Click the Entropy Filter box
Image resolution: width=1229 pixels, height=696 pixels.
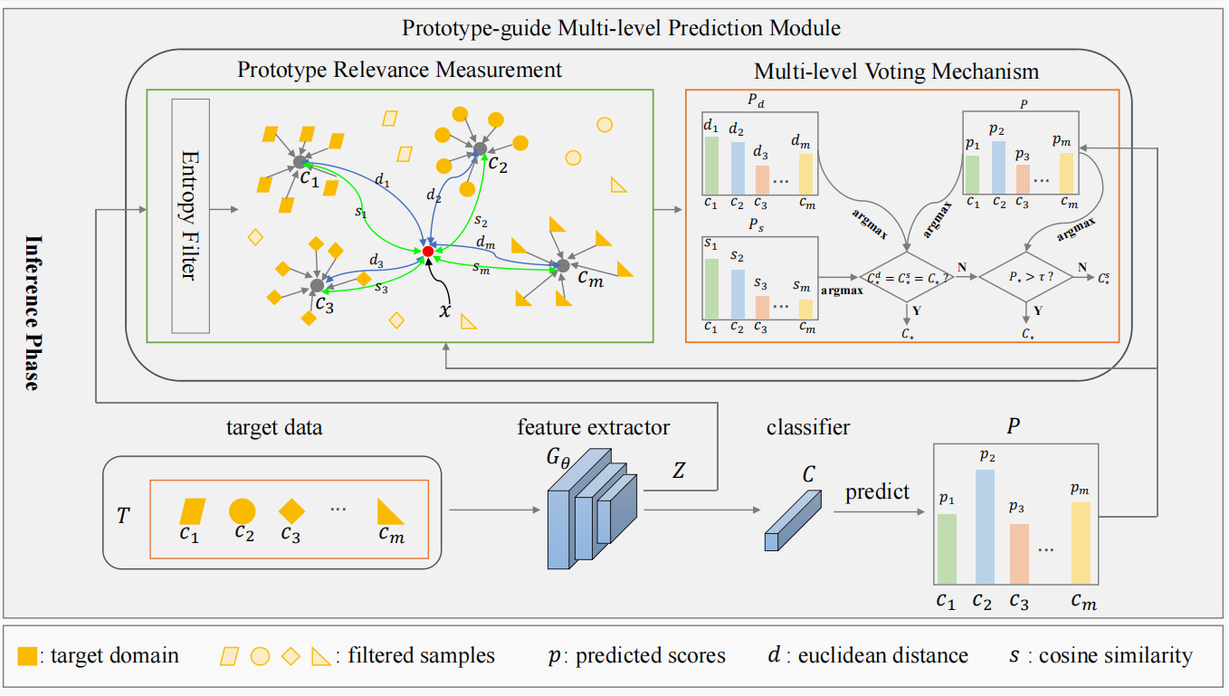(x=190, y=215)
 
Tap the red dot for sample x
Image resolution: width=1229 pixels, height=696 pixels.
(x=428, y=251)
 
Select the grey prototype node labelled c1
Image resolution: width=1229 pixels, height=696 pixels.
(x=300, y=162)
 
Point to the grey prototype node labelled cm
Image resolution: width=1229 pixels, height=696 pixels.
(x=562, y=265)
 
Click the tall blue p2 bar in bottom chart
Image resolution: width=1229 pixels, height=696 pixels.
(x=985, y=526)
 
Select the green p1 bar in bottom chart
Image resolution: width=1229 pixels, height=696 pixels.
(x=947, y=548)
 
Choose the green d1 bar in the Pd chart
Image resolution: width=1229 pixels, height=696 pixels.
(x=711, y=165)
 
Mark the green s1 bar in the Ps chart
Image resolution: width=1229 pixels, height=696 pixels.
(x=711, y=289)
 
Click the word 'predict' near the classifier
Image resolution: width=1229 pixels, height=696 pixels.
(x=877, y=492)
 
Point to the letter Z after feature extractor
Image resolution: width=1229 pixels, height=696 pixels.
(x=679, y=471)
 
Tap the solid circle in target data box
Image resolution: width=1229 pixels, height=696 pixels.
(x=243, y=511)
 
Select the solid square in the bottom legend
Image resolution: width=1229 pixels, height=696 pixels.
(x=27, y=656)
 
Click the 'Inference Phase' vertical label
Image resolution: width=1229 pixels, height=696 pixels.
(x=33, y=311)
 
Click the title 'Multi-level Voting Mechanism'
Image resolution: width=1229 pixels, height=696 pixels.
(x=896, y=71)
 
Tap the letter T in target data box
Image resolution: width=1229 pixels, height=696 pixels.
(x=123, y=515)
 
